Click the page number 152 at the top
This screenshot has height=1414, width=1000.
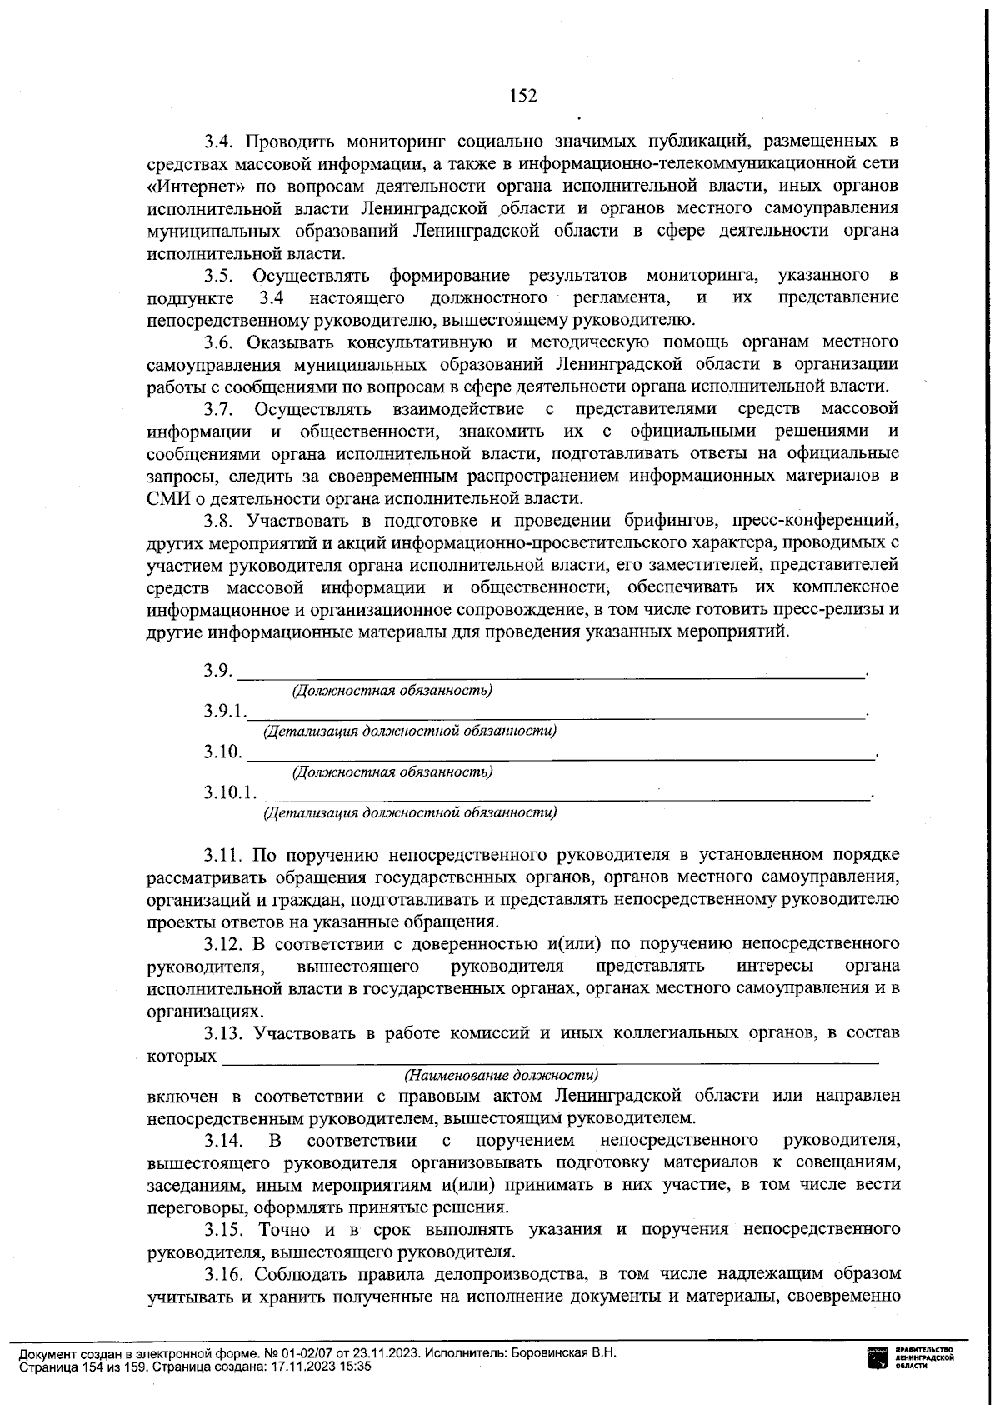(523, 96)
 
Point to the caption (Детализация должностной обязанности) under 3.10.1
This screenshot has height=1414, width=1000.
(410, 812)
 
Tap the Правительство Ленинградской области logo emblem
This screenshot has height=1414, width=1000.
(878, 1358)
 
